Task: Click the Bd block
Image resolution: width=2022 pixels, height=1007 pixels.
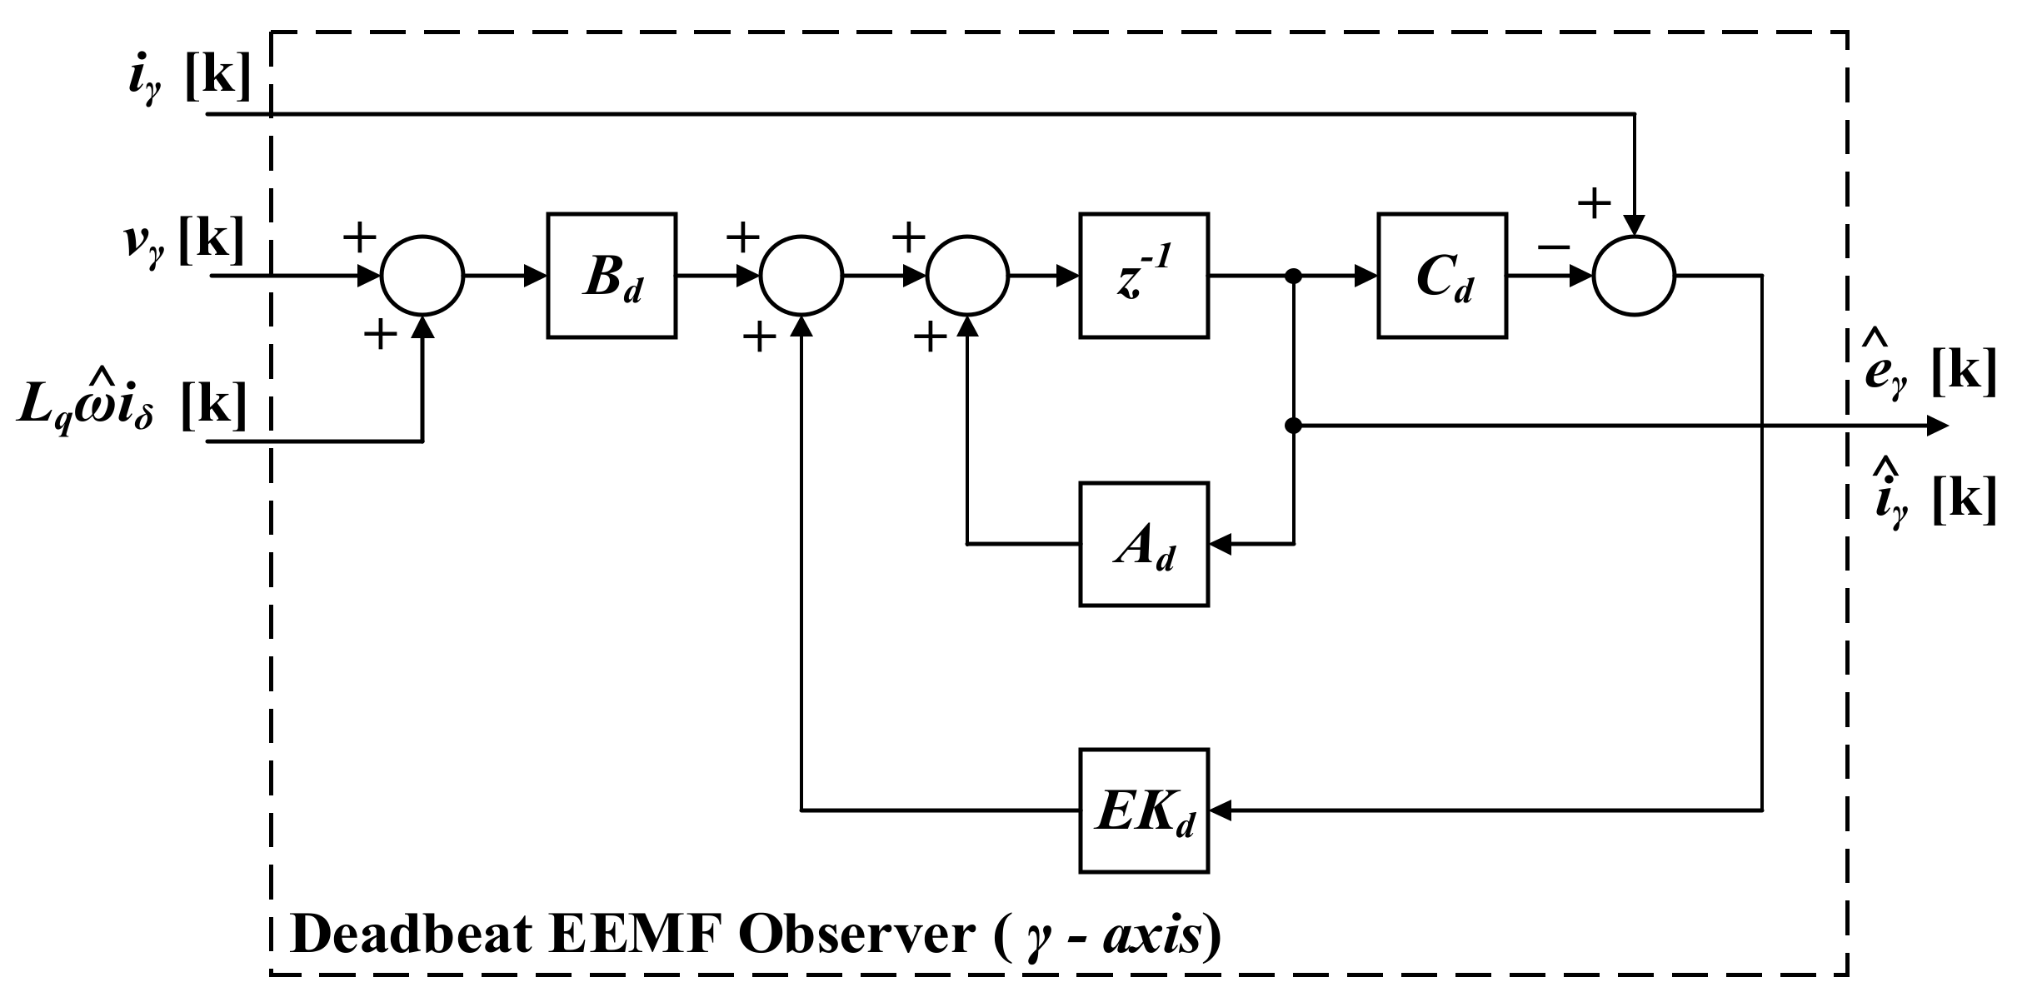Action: point(611,276)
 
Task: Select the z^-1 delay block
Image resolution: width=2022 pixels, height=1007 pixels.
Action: point(1143,276)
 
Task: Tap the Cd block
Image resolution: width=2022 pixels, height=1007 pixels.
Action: point(1441,276)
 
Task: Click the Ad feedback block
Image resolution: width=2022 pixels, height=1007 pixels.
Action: point(1143,544)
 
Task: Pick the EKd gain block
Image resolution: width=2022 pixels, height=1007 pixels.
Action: point(1143,810)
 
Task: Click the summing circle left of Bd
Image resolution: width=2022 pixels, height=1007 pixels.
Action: point(422,276)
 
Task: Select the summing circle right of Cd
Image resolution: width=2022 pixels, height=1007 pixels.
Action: point(1634,276)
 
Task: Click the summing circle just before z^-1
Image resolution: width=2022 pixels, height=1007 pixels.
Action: point(967,276)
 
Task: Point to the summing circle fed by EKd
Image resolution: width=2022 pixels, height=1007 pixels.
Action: point(801,276)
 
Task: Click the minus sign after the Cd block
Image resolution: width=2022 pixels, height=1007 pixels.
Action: point(1553,247)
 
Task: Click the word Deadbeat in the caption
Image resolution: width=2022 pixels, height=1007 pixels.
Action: point(411,935)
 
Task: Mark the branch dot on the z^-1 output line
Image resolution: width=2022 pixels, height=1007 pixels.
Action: point(1293,276)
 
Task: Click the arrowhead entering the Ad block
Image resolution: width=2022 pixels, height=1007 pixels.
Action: point(1220,544)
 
